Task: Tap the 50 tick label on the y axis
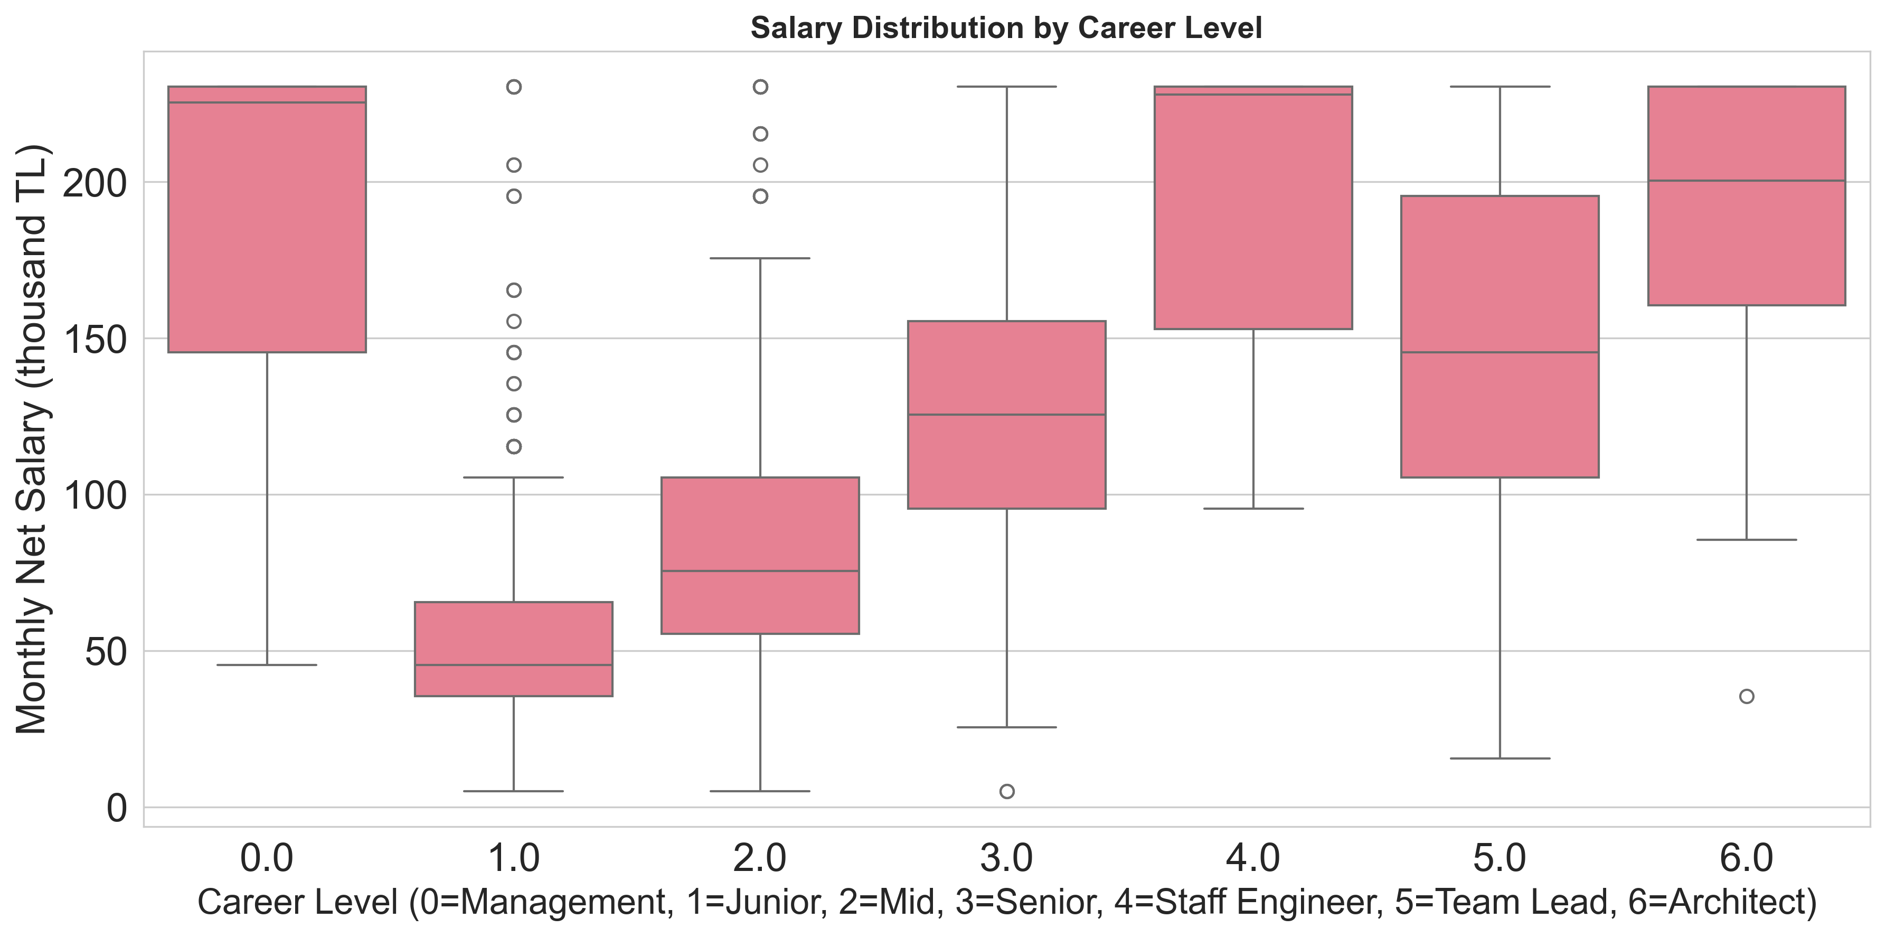pos(106,651)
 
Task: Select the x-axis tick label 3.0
pos(1007,859)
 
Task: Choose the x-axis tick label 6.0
pos(1746,859)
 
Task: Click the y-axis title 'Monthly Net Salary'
pos(32,439)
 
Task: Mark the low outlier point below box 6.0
pos(1746,696)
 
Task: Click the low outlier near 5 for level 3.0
pos(1007,791)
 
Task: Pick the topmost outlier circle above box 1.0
pos(514,87)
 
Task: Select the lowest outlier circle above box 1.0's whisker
pos(514,446)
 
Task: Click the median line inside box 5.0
pos(1500,352)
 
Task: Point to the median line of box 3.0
pos(1007,415)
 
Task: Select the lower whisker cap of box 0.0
pos(267,664)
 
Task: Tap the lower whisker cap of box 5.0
pos(1500,758)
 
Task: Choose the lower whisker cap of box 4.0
pos(1253,509)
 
